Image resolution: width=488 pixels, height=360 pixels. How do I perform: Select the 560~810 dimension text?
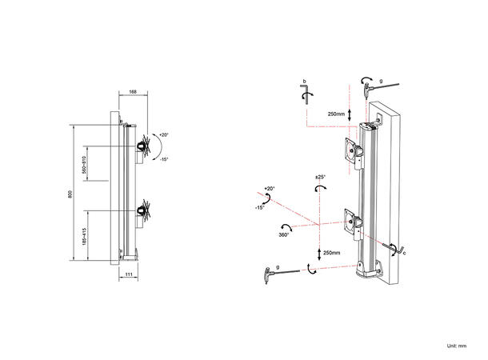point(84,167)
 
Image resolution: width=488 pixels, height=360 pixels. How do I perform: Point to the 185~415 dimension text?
point(84,238)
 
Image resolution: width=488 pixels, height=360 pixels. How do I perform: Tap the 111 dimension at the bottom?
point(129,275)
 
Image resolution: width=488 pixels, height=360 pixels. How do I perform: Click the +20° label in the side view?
point(164,134)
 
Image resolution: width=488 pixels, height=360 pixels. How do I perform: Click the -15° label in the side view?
point(164,160)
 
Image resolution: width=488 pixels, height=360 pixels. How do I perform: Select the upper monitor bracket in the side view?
point(145,146)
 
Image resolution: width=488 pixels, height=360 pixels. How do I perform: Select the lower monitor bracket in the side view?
point(144,212)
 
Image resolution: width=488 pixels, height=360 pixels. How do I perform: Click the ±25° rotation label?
point(320,175)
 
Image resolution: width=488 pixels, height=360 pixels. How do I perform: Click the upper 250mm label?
point(336,114)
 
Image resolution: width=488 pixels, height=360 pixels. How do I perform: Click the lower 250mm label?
point(330,253)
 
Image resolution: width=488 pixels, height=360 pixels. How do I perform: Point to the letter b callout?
point(304,82)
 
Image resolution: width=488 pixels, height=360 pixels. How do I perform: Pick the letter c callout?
point(406,253)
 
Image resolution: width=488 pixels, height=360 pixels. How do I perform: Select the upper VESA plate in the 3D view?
point(351,150)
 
